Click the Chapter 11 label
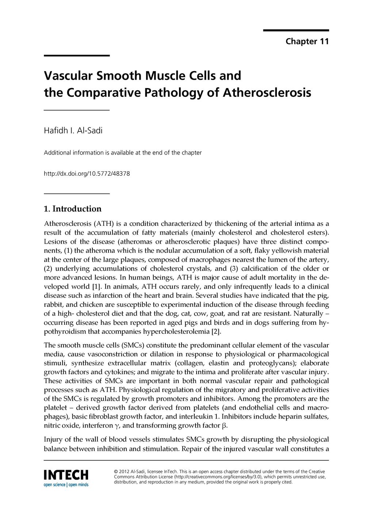tap(307, 41)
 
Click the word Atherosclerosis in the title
tap(267, 92)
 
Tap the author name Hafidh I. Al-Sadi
tap(73, 130)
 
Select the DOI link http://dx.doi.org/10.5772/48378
tap(87, 174)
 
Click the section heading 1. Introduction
tap(72, 209)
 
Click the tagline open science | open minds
tap(66, 485)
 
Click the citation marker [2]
tap(216, 331)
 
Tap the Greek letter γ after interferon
tap(117, 426)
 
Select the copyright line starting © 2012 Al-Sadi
tap(219, 472)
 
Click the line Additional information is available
tap(122, 153)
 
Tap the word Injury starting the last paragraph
tap(53, 439)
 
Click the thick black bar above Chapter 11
tap(296, 30)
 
